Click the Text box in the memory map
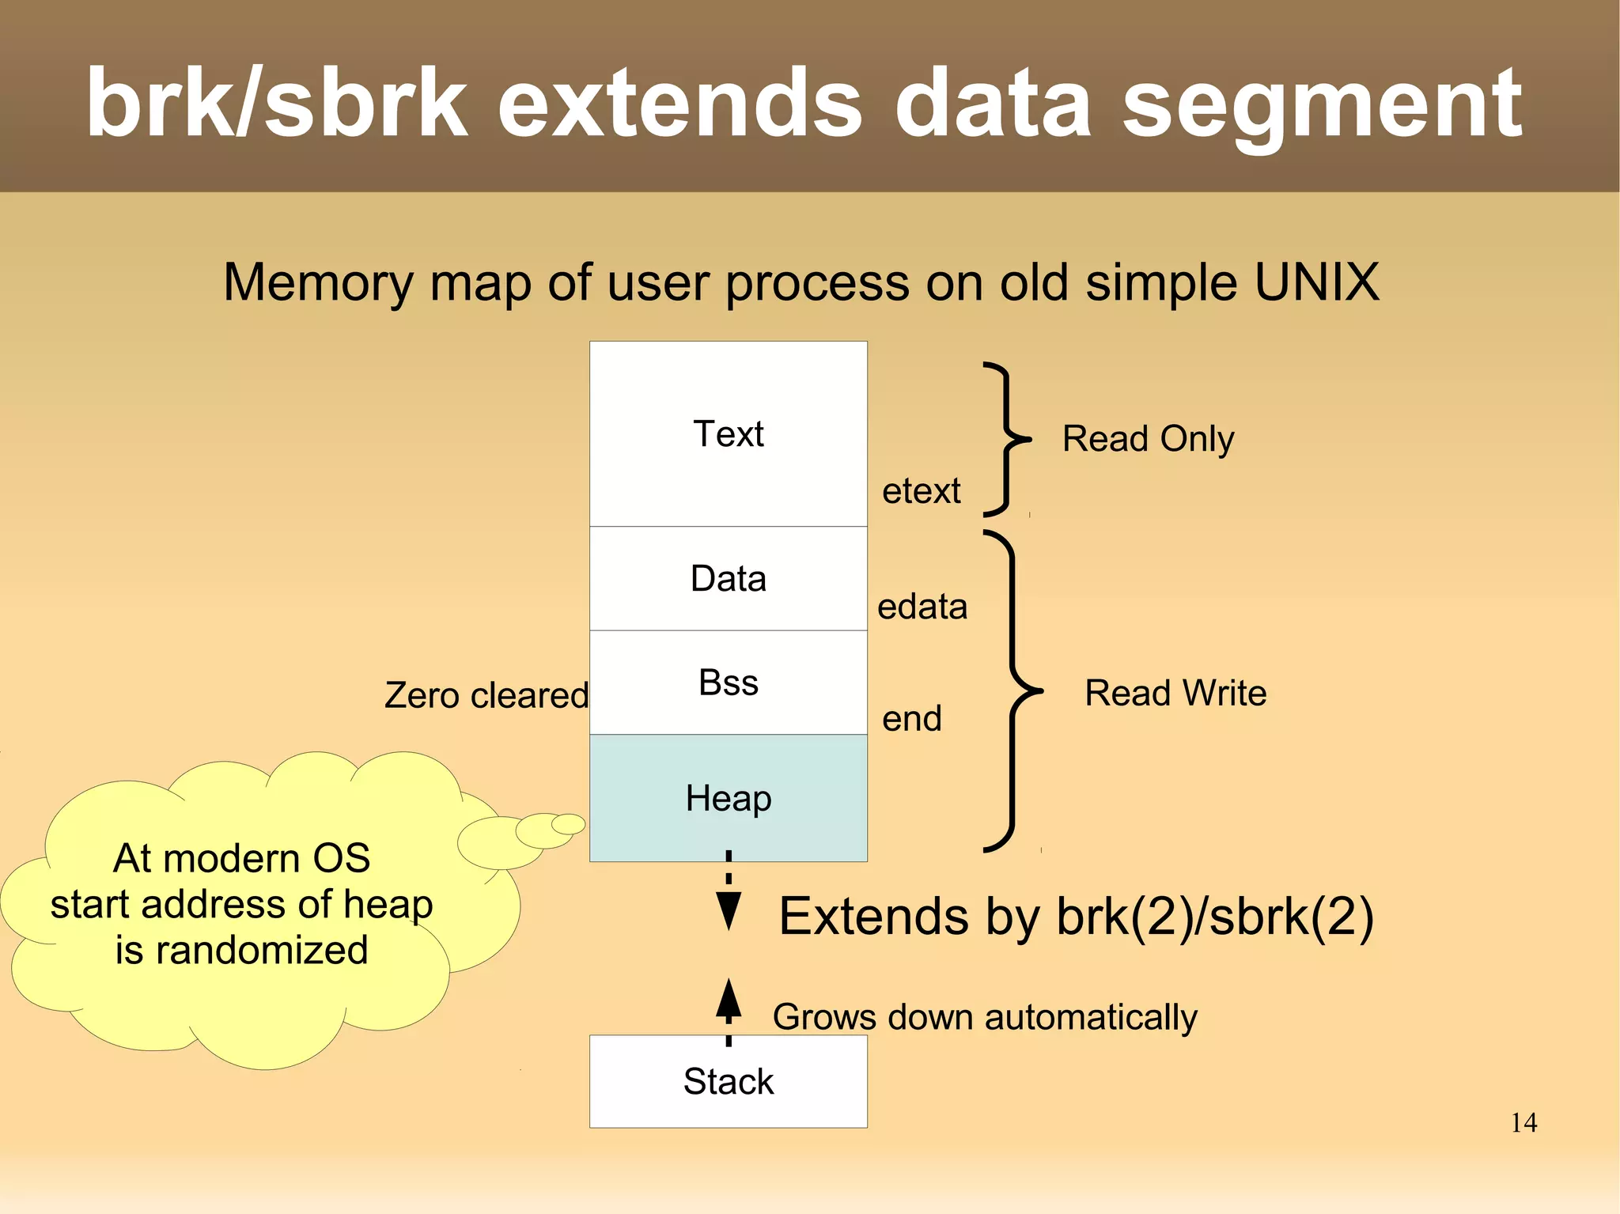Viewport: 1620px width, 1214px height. coord(728,433)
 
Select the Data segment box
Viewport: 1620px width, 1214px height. coord(728,578)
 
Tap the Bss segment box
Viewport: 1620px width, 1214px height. coord(728,683)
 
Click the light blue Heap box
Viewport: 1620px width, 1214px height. coord(728,797)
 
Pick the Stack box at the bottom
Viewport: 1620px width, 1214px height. coord(728,1081)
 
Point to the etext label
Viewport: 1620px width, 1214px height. coord(921,491)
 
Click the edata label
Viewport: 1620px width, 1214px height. coord(922,607)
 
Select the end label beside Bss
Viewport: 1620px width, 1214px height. coord(912,719)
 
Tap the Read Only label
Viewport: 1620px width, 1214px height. coord(1148,439)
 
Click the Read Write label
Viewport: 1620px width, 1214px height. coord(1175,693)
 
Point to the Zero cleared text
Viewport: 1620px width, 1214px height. coord(486,695)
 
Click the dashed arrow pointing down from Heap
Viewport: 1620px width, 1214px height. coord(729,894)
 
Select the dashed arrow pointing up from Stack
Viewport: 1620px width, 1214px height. coord(729,1008)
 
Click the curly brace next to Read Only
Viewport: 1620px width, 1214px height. coord(1006,439)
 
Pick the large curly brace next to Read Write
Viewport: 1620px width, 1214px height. coord(1015,691)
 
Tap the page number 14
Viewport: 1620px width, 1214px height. coord(1523,1122)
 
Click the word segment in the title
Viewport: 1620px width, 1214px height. coord(1321,107)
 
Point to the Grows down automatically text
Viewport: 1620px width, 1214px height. coord(985,1017)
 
